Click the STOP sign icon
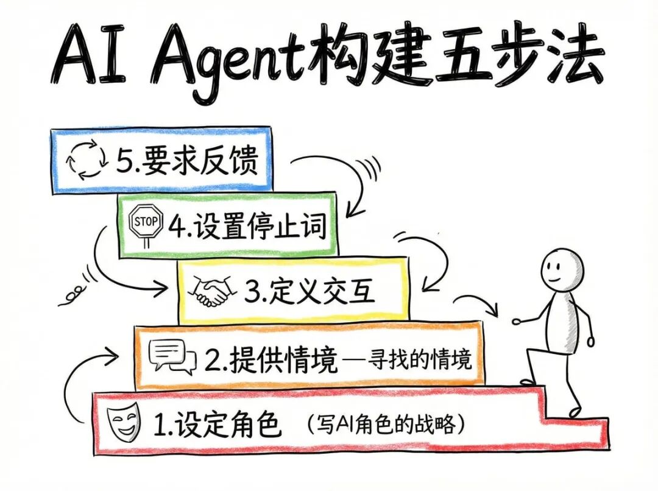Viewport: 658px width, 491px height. pyautogui.click(x=147, y=224)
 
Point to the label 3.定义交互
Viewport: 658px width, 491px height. pyautogui.click(x=310, y=292)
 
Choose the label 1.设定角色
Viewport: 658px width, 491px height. pyautogui.click(x=218, y=423)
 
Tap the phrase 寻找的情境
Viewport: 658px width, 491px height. pyautogui.click(x=420, y=361)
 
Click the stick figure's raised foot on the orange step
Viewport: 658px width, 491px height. pyautogui.click(x=528, y=381)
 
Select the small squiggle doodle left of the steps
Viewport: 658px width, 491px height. pyautogui.click(x=72, y=295)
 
